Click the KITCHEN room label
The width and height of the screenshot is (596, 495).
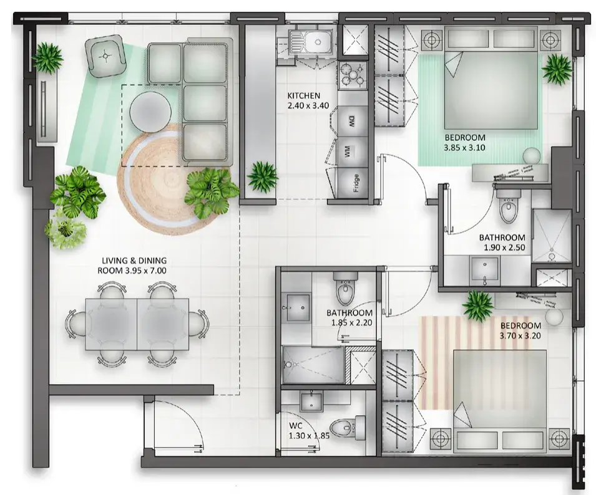coord(304,95)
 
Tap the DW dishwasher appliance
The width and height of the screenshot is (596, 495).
coord(353,122)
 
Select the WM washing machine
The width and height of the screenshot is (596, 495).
coord(353,152)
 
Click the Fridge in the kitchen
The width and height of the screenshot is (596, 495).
coord(353,183)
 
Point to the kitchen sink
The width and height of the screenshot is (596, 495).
coord(309,42)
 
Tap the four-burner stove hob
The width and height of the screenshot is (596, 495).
coord(353,75)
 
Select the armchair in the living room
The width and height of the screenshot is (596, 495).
coord(105,56)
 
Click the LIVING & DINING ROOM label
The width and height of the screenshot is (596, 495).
coord(132,266)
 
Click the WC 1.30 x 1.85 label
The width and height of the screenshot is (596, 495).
coord(309,430)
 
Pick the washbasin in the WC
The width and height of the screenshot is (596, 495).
coord(311,402)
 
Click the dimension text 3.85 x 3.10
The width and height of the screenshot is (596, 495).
coord(464,148)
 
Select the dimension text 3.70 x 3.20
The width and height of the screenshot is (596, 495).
coord(520,335)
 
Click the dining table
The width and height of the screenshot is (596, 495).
coord(137,324)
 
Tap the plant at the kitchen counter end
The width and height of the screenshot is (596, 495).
coord(262,177)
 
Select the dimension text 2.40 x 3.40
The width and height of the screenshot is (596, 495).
coord(308,106)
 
